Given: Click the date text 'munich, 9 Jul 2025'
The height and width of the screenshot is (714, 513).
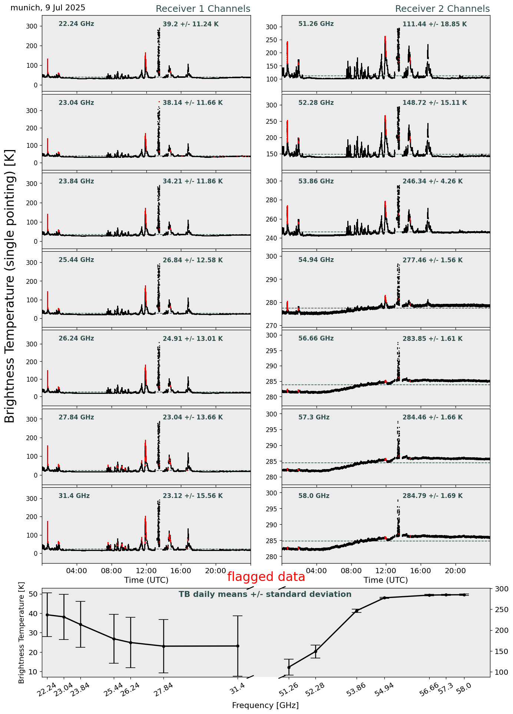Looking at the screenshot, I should [x=48, y=8].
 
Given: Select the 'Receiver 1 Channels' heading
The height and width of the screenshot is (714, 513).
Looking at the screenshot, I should [x=203, y=9].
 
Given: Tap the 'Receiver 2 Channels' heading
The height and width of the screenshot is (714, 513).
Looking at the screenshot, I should [x=442, y=9].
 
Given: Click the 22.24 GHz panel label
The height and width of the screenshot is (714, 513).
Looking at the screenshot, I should [x=76, y=24].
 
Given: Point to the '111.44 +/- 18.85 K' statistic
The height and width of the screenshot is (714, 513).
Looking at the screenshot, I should [x=434, y=24].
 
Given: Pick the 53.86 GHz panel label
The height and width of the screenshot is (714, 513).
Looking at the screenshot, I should [x=316, y=182].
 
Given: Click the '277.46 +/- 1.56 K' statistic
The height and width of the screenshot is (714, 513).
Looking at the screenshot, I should [x=433, y=260].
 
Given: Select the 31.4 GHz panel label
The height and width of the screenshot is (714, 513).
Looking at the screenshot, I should [x=74, y=496].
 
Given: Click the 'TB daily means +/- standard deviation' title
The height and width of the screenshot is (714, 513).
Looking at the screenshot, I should [x=265, y=595].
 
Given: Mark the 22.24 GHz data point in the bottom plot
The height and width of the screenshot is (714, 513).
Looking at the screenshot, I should [x=47, y=615].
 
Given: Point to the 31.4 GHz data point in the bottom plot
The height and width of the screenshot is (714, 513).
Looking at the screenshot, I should [x=238, y=646].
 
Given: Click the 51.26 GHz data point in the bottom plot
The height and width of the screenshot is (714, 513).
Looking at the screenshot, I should [x=289, y=667].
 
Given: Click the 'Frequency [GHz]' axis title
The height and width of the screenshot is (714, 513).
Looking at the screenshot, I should [x=265, y=705].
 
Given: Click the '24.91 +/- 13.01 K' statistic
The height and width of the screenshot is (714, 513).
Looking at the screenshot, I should [x=193, y=339].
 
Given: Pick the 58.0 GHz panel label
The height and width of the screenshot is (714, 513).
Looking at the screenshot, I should [x=314, y=496].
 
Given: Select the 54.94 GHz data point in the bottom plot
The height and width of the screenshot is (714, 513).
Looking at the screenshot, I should [x=385, y=598].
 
